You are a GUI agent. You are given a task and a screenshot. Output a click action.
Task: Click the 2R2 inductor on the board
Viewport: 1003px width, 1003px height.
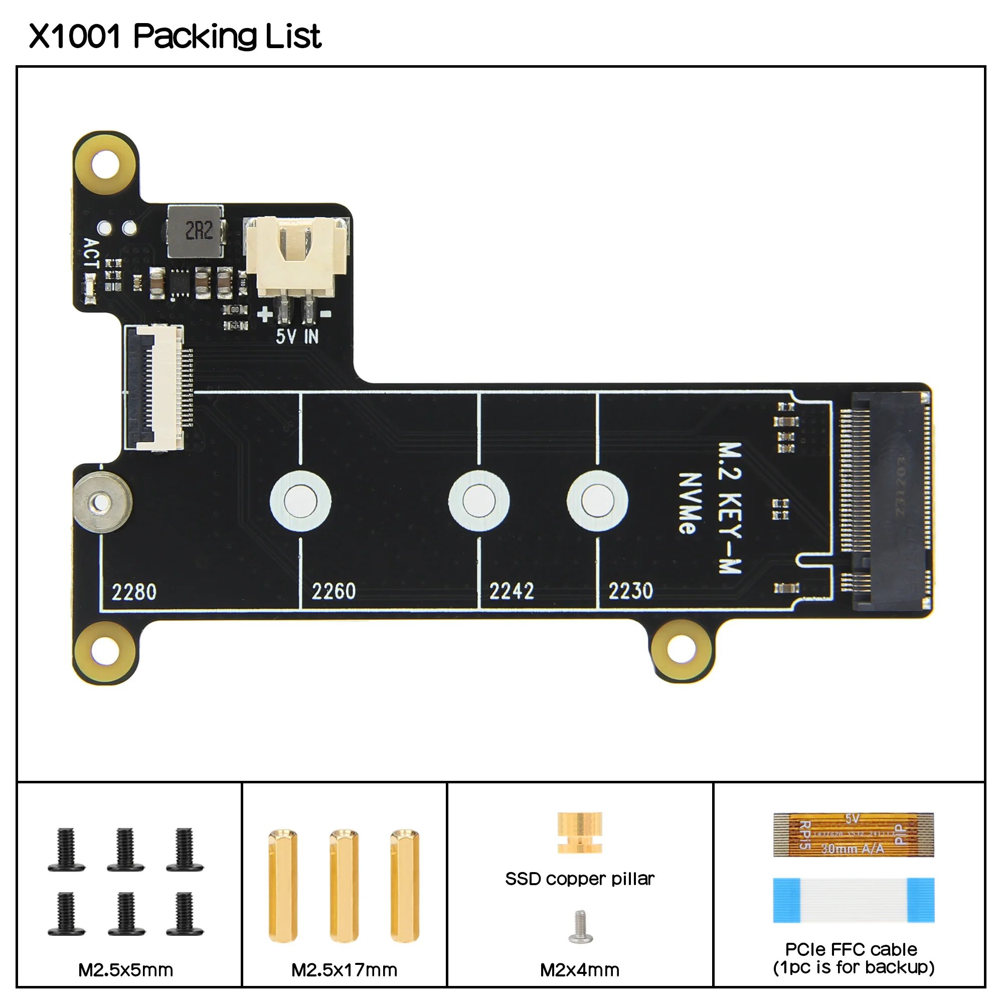point(196,232)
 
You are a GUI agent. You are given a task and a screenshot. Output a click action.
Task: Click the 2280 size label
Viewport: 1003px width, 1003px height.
point(134,592)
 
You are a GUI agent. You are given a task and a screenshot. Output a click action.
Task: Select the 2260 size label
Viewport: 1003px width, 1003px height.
point(333,591)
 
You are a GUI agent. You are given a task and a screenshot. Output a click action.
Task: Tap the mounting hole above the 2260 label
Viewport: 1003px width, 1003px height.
point(300,501)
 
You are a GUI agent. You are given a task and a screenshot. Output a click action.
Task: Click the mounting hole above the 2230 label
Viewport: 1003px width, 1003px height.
point(597,501)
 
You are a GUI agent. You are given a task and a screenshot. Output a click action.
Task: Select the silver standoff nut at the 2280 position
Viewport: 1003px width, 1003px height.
point(102,503)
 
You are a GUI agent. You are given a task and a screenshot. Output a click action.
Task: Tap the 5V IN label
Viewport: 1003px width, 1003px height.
point(297,337)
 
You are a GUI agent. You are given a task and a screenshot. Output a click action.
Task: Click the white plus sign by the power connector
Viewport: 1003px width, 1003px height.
point(265,314)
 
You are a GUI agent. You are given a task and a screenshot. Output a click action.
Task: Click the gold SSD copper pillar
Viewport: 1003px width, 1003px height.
point(579,832)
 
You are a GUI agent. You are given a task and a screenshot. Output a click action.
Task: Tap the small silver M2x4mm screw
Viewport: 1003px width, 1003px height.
point(580,926)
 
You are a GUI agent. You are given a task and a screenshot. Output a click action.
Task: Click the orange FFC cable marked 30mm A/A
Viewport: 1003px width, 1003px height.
point(853,835)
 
